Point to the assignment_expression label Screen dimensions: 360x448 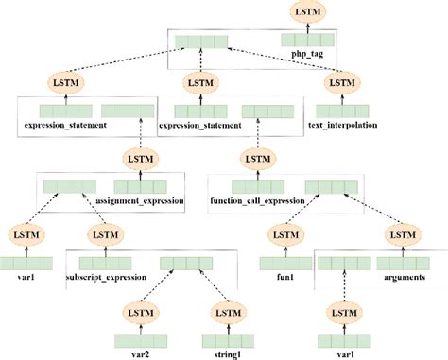(x=142, y=201)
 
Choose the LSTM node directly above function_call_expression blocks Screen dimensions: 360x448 (x=253, y=159)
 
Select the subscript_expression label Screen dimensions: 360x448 (x=105, y=278)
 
